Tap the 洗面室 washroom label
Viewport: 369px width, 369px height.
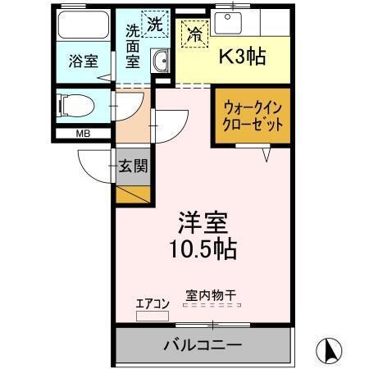click(x=132, y=49)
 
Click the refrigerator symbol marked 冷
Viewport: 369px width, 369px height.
click(x=195, y=34)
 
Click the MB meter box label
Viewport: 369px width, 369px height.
click(x=84, y=134)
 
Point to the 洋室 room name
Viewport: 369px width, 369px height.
click(x=203, y=222)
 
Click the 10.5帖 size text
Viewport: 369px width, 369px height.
click(x=203, y=248)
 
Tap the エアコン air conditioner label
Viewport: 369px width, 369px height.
click(x=152, y=303)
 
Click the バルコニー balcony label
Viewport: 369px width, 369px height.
click(x=203, y=344)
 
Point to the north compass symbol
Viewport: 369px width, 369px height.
click(x=330, y=351)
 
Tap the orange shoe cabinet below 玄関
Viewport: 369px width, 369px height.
click(x=134, y=194)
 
